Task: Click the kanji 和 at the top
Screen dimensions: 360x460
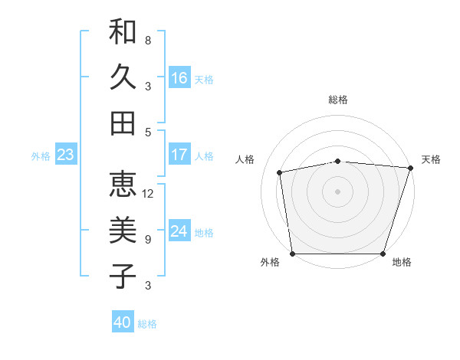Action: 123,31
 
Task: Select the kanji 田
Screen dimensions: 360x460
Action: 123,123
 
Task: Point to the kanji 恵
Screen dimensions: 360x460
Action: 123,185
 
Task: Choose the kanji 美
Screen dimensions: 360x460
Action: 123,230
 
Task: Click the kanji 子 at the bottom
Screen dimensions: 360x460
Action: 123,276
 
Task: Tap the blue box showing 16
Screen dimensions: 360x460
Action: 179,77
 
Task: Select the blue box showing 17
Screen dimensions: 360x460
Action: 179,155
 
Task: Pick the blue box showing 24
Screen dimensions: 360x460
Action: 179,231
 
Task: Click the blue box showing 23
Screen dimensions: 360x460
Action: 65,155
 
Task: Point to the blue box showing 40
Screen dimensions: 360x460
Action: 123,322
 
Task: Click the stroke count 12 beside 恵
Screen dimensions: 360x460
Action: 149,193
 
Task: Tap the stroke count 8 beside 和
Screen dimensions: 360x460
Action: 148,40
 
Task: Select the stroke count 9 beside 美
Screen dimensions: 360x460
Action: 148,240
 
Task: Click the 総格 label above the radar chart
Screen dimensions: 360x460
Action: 338,100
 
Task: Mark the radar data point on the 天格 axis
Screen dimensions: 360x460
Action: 410,168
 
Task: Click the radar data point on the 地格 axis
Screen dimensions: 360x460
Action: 383,254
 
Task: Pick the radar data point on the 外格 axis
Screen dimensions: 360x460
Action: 293,254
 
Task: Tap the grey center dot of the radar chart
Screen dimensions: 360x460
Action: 338,191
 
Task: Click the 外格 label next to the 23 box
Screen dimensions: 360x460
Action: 41,155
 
